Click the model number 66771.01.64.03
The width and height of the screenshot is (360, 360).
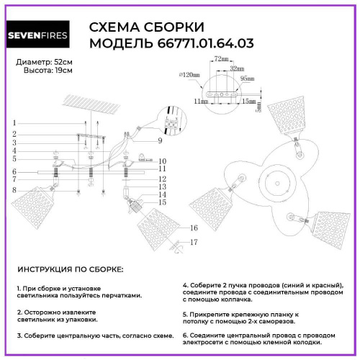tap(205, 43)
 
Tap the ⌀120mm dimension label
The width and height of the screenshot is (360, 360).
tap(189, 76)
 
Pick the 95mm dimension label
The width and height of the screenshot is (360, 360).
tap(247, 78)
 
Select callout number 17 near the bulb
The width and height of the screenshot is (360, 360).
tap(193, 243)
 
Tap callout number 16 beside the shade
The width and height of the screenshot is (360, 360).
tap(192, 228)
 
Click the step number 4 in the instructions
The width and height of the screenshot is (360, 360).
tap(185, 284)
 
